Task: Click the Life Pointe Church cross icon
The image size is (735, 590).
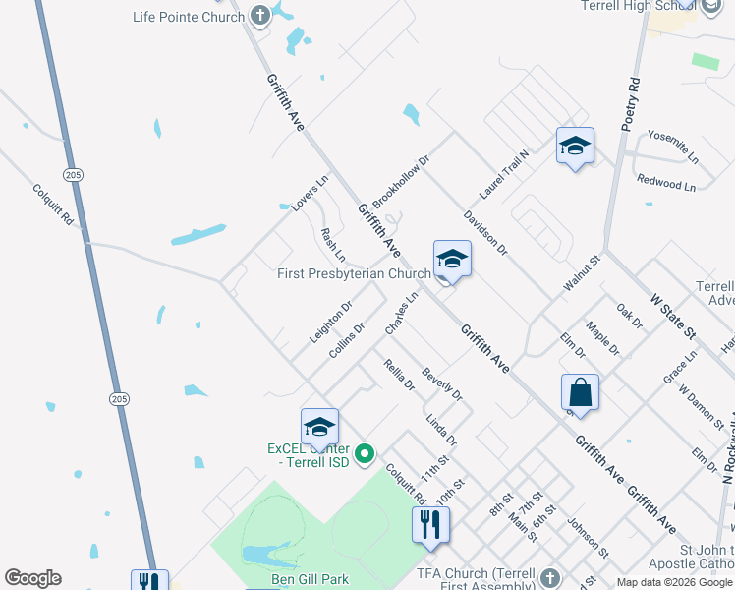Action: [x=259, y=16]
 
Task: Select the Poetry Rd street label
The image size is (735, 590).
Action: [x=631, y=104]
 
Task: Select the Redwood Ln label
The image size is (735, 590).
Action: [x=665, y=184]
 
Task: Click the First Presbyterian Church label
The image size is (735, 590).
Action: [x=355, y=273]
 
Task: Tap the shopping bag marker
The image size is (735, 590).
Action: [x=580, y=392]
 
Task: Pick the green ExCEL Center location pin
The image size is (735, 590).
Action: [x=365, y=454]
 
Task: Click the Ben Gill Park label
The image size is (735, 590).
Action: [x=310, y=579]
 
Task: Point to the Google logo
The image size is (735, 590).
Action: [x=32, y=578]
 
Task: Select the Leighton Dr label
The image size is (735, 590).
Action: [x=330, y=322]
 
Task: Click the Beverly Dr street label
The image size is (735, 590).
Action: [x=441, y=384]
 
